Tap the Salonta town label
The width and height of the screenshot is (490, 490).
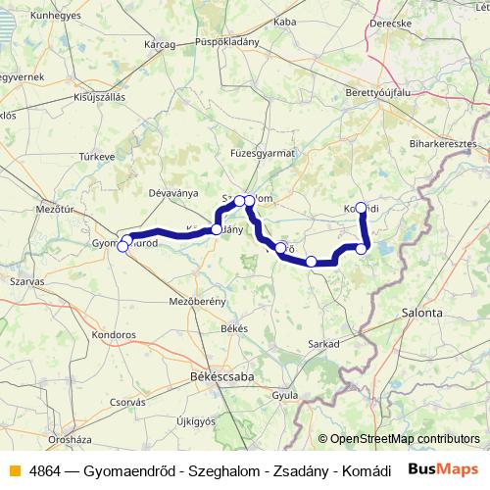coord(421,312)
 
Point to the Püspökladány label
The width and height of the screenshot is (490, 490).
coord(226,43)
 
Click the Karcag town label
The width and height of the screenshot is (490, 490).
coord(159,44)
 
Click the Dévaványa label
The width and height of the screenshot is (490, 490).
coord(172,192)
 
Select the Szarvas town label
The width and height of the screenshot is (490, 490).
coord(28,280)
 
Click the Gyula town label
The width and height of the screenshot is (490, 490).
coord(285,395)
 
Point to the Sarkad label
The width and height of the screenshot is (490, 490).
coord(323,344)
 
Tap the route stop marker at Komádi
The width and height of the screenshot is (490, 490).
coord(361,207)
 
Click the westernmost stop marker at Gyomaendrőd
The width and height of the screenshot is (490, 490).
coord(122,247)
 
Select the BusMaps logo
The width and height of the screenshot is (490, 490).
coord(442,470)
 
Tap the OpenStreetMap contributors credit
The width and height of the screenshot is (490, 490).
coord(399,440)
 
